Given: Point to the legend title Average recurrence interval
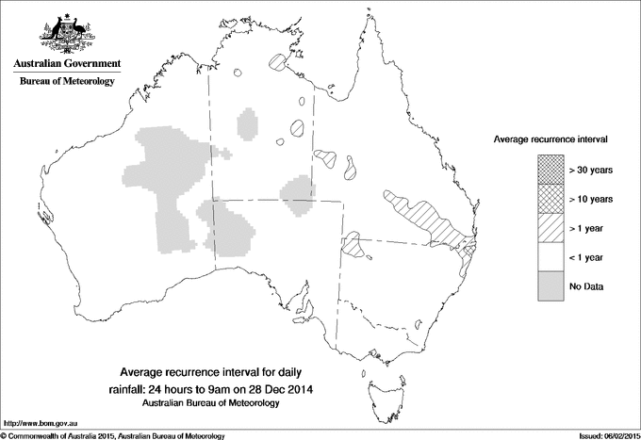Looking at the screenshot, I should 551,139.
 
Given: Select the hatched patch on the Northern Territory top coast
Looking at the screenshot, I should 277,63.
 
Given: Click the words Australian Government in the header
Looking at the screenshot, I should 66,64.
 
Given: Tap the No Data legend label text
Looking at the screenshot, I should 585,285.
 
